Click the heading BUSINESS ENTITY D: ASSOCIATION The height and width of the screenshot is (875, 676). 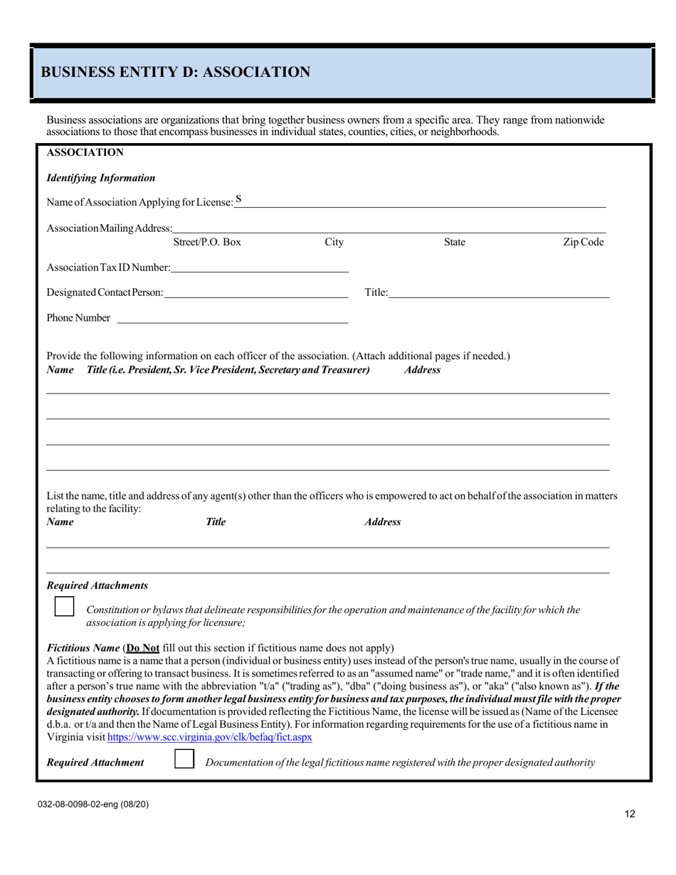click(175, 72)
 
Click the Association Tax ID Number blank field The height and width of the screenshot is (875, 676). click(260, 267)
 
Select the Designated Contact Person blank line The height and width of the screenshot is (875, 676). click(255, 292)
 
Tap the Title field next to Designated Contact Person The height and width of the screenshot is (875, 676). click(499, 292)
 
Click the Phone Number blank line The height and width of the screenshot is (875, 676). click(233, 318)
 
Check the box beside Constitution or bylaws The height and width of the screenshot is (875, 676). click(64, 607)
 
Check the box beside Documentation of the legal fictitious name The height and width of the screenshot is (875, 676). click(184, 759)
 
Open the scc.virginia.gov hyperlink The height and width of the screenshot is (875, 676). click(209, 738)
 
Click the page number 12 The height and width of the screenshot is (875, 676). click(630, 815)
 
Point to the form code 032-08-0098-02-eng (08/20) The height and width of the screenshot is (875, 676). click(94, 804)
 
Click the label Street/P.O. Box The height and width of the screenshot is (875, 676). click(207, 243)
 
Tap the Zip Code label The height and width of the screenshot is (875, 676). click(583, 243)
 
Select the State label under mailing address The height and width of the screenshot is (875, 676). click(455, 243)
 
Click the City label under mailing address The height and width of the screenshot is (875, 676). click(334, 243)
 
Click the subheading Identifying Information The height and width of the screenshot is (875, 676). click(100, 178)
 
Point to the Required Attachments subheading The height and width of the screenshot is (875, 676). click(97, 585)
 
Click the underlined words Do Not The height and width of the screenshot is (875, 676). click(142, 648)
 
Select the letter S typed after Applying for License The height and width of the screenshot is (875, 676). click(239, 200)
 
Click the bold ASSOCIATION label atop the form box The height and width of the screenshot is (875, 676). click(85, 152)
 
